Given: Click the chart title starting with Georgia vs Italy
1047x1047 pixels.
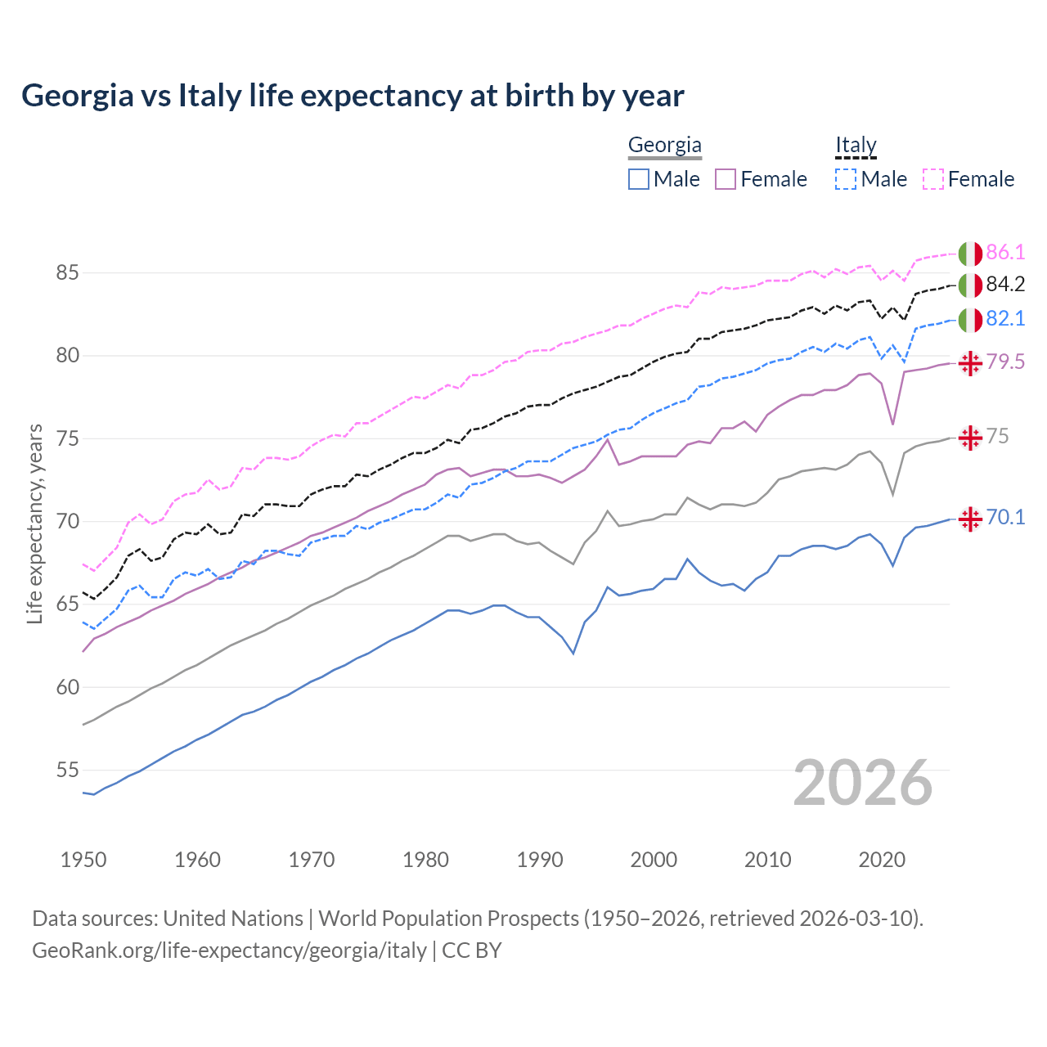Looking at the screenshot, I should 353,96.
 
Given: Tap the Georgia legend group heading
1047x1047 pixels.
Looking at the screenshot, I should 664,146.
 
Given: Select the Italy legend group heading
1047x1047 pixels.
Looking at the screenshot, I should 855,146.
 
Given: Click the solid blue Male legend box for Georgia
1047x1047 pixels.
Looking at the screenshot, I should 639,179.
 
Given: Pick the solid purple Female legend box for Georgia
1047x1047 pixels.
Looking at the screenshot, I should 726,179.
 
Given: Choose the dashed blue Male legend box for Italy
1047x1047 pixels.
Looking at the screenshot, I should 846,179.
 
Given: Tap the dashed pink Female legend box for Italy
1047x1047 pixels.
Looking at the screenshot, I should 933,179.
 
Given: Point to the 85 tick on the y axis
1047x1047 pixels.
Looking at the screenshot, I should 67,272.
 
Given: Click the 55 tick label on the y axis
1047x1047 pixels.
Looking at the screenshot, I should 67,770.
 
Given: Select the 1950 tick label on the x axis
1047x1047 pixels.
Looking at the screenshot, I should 83,860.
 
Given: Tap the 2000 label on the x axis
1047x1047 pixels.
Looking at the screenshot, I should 654,860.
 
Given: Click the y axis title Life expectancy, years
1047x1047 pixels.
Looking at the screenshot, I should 35,523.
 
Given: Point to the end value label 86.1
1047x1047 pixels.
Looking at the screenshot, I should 1005,252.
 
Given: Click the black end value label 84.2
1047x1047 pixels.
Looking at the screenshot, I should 1005,284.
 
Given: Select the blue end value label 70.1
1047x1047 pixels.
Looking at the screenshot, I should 1005,517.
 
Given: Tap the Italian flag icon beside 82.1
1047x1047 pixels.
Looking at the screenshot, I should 970,320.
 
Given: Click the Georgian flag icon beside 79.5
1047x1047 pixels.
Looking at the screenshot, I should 970,363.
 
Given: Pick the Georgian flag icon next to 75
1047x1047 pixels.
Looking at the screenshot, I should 970,438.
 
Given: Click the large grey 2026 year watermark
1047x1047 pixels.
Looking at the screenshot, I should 862,783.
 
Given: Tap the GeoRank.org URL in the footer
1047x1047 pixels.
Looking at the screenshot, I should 229,950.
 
